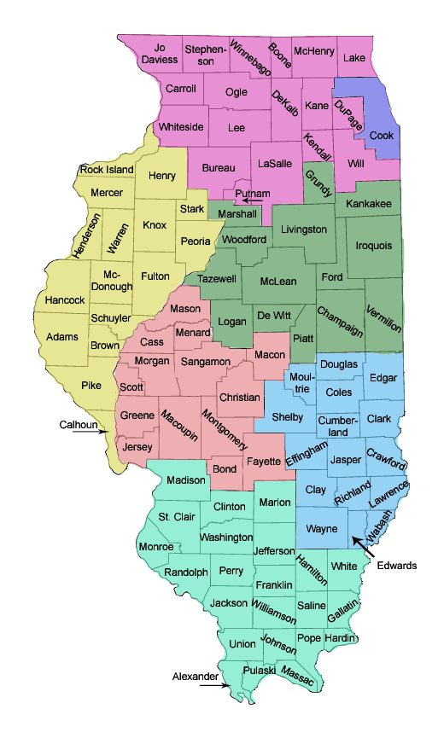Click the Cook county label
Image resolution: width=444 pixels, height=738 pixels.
[381, 136]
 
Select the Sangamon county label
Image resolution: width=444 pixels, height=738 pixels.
[205, 363]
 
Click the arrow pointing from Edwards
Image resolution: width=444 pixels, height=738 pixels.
[363, 548]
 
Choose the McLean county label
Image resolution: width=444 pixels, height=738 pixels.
[277, 282]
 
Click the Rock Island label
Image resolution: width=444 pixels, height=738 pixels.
[107, 170]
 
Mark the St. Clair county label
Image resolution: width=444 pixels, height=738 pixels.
[176, 517]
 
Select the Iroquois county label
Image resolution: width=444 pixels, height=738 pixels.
[374, 246]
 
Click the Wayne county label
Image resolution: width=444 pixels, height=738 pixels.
[321, 529]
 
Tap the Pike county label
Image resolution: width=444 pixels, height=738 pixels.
[91, 386]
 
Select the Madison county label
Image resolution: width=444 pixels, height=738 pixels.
[185, 480]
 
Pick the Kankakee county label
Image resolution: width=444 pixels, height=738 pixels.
[368, 204]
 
